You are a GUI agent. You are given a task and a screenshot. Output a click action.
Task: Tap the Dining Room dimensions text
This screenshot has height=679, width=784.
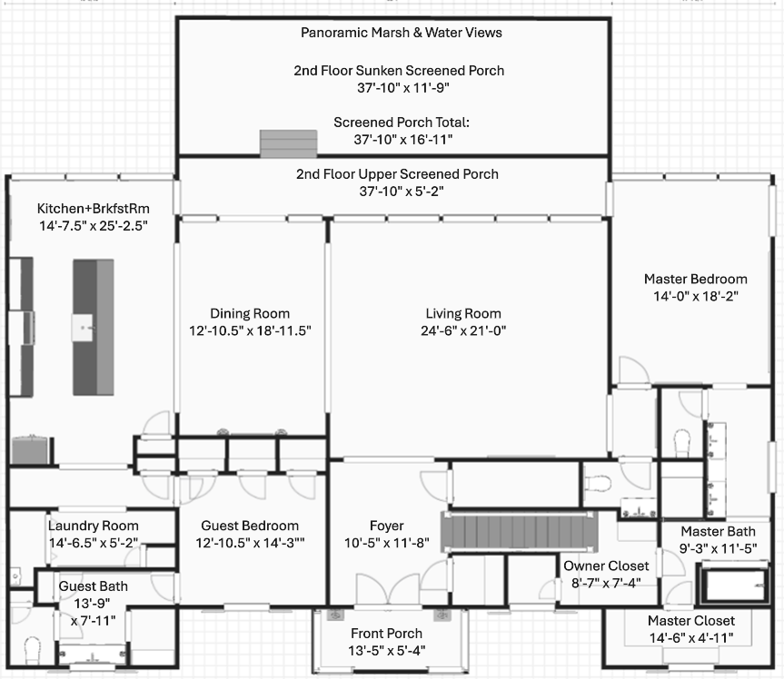pyautogui.click(x=250, y=331)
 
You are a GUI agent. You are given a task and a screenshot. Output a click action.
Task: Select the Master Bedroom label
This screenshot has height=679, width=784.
pyautogui.click(x=695, y=279)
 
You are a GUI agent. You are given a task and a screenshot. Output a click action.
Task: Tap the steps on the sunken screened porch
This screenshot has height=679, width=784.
pyautogui.click(x=289, y=144)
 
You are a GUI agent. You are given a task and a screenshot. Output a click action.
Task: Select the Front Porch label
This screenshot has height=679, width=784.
pyautogui.click(x=386, y=634)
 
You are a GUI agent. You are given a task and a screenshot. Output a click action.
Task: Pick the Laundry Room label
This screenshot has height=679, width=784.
pyautogui.click(x=94, y=526)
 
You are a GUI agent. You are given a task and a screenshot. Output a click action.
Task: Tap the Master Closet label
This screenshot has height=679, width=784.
pyautogui.click(x=691, y=621)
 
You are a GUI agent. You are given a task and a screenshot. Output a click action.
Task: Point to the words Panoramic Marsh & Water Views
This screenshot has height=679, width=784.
pyautogui.click(x=401, y=33)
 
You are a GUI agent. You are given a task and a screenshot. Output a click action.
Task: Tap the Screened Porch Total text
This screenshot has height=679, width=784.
pyautogui.click(x=392, y=122)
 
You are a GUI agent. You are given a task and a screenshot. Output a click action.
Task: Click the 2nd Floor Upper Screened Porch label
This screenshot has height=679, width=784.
pyautogui.click(x=397, y=174)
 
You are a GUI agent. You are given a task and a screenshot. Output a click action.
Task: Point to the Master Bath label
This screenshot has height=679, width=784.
pyautogui.click(x=717, y=531)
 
